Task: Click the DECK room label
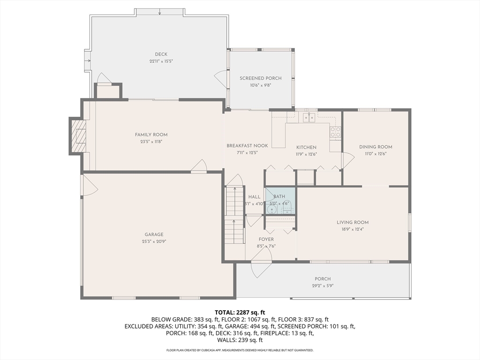[161, 54]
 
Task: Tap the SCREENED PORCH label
[261, 78]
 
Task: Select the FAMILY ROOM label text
[151, 135]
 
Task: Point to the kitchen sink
[309, 118]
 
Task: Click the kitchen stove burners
[335, 132]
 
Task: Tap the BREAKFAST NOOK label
[247, 146]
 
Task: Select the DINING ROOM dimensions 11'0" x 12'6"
[375, 154]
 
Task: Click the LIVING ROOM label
[352, 223]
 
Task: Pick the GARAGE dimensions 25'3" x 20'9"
[154, 241]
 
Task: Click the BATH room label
[279, 196]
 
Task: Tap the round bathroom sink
[271, 210]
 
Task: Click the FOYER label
[266, 240]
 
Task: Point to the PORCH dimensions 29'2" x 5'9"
[322, 286]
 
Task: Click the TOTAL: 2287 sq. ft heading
[240, 313]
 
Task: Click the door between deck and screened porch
[221, 79]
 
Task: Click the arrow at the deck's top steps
[159, 12]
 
